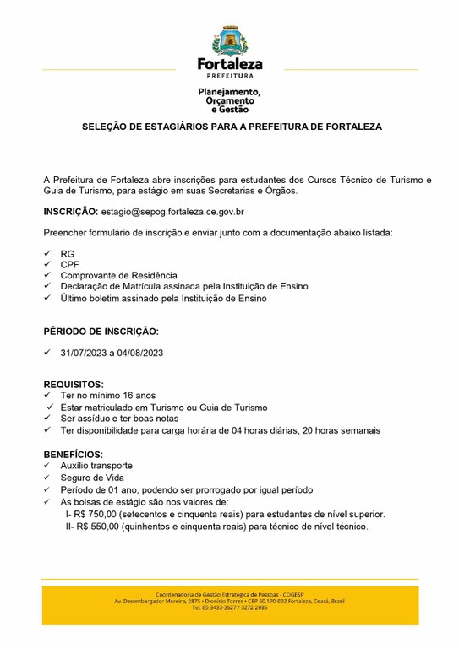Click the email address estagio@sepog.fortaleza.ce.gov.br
pyautogui.click(x=172, y=211)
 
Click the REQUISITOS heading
pyautogui.click(x=74, y=384)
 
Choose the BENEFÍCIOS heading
pyautogui.click(x=74, y=454)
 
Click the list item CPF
pyautogui.click(x=69, y=264)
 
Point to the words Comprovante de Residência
pyautogui.click(x=118, y=275)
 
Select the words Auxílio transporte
pyautogui.click(x=96, y=466)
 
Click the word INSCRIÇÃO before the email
pyautogui.click(x=69, y=211)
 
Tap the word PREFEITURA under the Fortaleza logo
pyautogui.click(x=229, y=75)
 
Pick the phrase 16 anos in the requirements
pyautogui.click(x=138, y=395)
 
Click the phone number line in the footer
pyautogui.click(x=229, y=607)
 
